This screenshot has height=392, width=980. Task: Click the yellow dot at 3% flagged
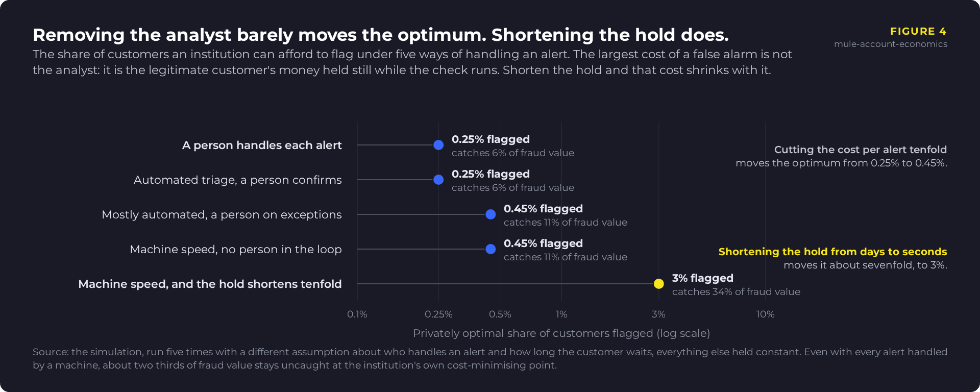(659, 284)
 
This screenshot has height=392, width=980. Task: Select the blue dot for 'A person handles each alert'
(438, 145)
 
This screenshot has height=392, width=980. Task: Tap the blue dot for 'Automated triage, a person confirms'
(438, 180)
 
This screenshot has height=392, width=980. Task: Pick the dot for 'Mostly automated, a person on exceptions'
(491, 214)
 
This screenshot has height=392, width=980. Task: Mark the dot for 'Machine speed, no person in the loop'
(491, 249)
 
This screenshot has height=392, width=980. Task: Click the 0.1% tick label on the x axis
(357, 314)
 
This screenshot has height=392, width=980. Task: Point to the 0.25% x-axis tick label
(438, 314)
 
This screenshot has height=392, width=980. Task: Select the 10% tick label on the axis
(765, 314)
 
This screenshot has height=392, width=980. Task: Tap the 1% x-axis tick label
(561, 314)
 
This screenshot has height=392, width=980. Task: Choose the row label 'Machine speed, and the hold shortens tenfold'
(210, 284)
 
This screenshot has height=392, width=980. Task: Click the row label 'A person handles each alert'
(262, 145)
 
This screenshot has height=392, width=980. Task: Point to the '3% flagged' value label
(702, 278)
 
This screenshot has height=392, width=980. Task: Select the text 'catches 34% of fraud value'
(736, 291)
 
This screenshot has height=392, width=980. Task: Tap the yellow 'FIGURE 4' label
(918, 31)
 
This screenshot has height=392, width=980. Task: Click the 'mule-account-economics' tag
(891, 44)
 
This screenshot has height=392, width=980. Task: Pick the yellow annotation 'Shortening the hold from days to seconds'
(832, 252)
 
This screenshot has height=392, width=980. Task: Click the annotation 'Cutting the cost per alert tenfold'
(861, 150)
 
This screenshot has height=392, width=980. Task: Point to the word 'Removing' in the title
(79, 35)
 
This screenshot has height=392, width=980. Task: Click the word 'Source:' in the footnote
(51, 352)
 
